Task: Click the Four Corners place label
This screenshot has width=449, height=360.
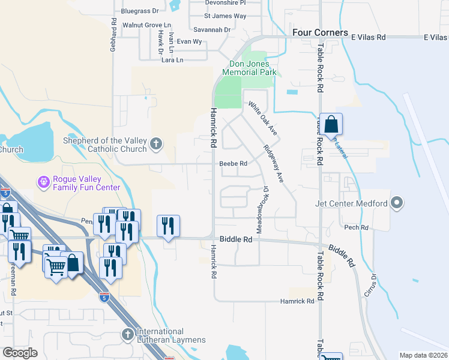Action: [x=319, y=32]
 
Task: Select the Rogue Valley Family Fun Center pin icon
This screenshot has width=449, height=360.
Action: [x=43, y=181]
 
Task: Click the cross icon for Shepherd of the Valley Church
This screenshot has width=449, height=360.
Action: [x=156, y=143]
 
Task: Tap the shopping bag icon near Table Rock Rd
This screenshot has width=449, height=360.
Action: [x=331, y=125]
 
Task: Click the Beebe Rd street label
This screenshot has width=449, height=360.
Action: [x=234, y=163]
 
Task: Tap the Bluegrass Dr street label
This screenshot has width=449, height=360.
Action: [x=139, y=11]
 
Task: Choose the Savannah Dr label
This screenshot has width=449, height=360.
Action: [x=212, y=29]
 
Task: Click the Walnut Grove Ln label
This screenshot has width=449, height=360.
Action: [x=146, y=25]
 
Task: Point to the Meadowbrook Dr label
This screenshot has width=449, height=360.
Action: [x=262, y=209]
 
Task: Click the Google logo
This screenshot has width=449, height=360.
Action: [x=20, y=352]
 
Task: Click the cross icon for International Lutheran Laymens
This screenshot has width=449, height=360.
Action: [x=127, y=334]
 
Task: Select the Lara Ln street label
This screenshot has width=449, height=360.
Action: [x=172, y=60]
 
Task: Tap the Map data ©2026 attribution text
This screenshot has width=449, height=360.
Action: [x=423, y=355]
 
